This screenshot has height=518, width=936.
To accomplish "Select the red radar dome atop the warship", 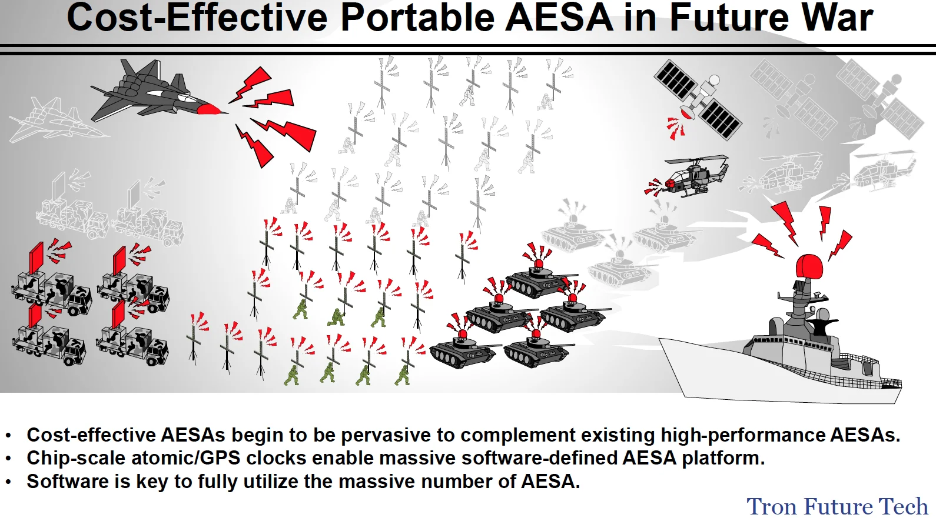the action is click(x=809, y=266).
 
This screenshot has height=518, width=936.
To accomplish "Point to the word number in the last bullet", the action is click(x=456, y=482).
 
